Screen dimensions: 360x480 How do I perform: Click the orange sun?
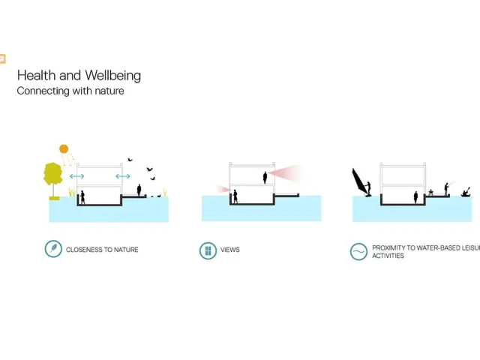click(x=64, y=148)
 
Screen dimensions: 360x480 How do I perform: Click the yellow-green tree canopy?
click(x=52, y=174)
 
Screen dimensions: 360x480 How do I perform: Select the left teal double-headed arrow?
click(x=76, y=176)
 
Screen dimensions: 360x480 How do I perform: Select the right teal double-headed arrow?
click(x=122, y=176)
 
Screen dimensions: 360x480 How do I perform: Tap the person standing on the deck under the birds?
click(x=139, y=193)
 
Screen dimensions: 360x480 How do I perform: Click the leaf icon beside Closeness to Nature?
click(x=52, y=249)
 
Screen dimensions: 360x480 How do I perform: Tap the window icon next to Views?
click(x=208, y=250)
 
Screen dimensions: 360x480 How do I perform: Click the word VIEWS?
click(x=230, y=250)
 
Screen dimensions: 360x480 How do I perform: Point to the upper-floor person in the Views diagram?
click(x=265, y=177)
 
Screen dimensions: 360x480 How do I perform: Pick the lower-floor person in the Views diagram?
click(x=235, y=196)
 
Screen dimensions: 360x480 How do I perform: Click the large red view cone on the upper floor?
click(x=289, y=175)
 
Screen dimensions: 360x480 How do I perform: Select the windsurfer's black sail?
click(x=360, y=181)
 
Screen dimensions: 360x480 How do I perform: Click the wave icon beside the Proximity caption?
click(x=358, y=251)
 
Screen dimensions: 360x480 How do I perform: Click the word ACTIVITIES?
click(x=388, y=256)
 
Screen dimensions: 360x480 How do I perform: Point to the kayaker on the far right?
click(x=466, y=193)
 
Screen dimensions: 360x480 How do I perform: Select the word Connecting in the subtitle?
click(x=41, y=91)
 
